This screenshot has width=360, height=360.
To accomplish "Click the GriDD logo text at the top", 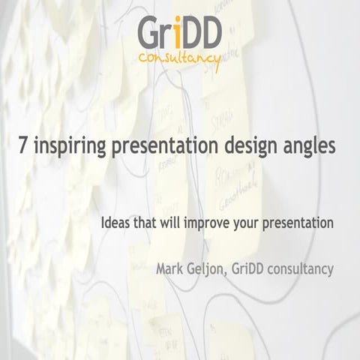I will click(x=179, y=33).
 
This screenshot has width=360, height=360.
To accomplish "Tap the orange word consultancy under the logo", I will click(x=179, y=58).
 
